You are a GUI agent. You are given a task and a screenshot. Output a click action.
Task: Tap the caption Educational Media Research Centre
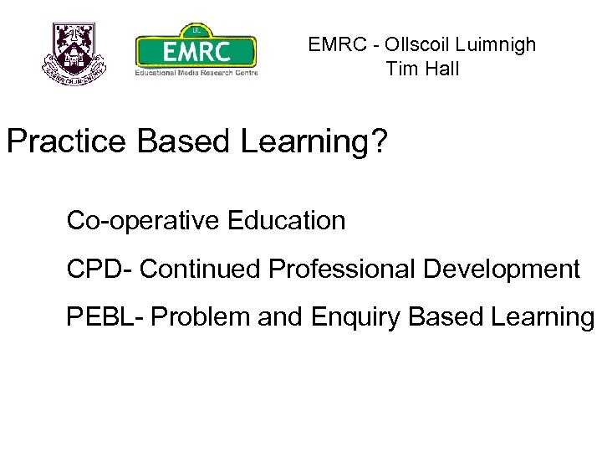click(x=196, y=72)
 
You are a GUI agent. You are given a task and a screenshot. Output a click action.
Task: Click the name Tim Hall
click(x=422, y=69)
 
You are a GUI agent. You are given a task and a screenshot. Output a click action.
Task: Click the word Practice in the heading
click(x=67, y=141)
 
